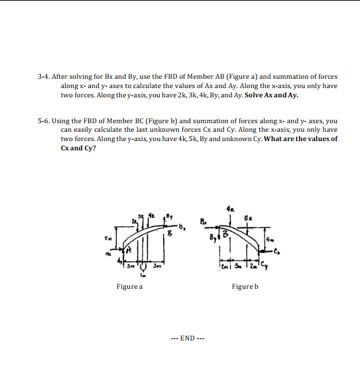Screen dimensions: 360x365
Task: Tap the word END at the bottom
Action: [187, 338]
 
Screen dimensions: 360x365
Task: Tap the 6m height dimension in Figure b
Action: [269, 240]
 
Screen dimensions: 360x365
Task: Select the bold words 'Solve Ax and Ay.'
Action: [272, 95]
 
